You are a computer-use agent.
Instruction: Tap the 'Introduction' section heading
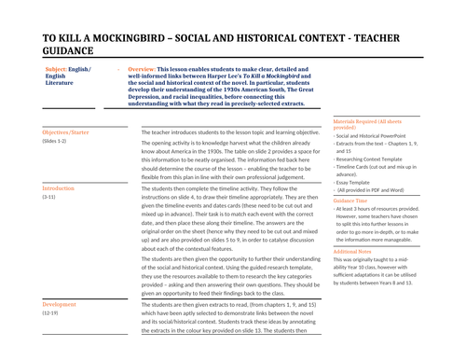[58, 188]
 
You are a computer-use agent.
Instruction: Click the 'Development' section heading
[60, 305]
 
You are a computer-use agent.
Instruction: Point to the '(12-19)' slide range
[51, 314]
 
